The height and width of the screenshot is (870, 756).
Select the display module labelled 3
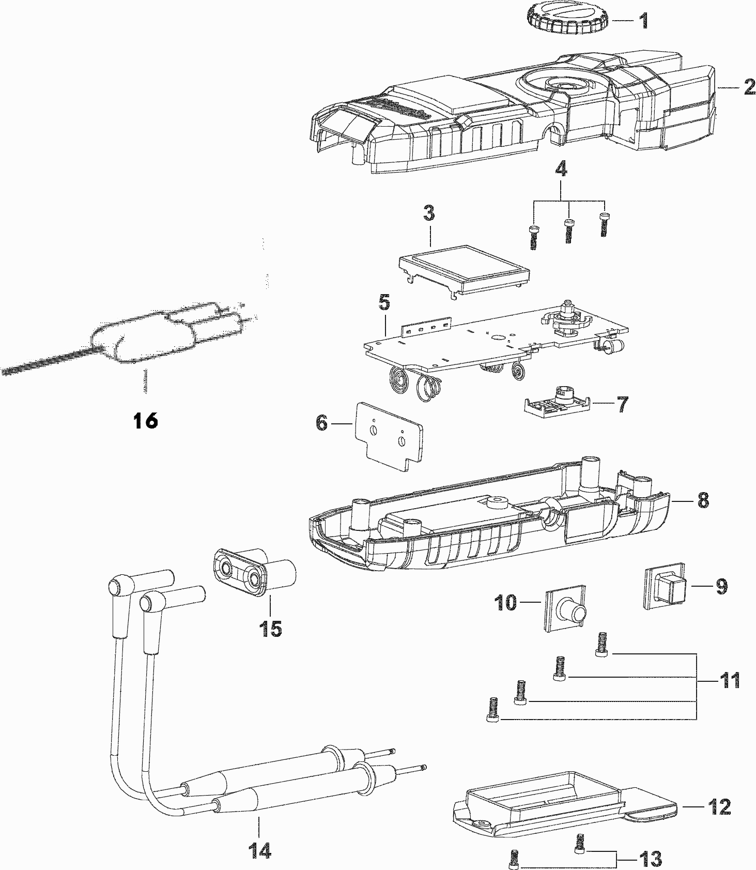[x=466, y=272]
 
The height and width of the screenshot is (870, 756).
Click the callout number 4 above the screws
[x=561, y=169]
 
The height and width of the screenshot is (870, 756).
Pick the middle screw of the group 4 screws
[x=568, y=230]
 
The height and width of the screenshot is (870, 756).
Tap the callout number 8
[x=703, y=500]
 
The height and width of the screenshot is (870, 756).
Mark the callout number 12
[x=720, y=806]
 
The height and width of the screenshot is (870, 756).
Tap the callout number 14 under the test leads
[x=260, y=849]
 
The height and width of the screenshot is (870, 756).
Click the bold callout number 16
[x=145, y=420]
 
